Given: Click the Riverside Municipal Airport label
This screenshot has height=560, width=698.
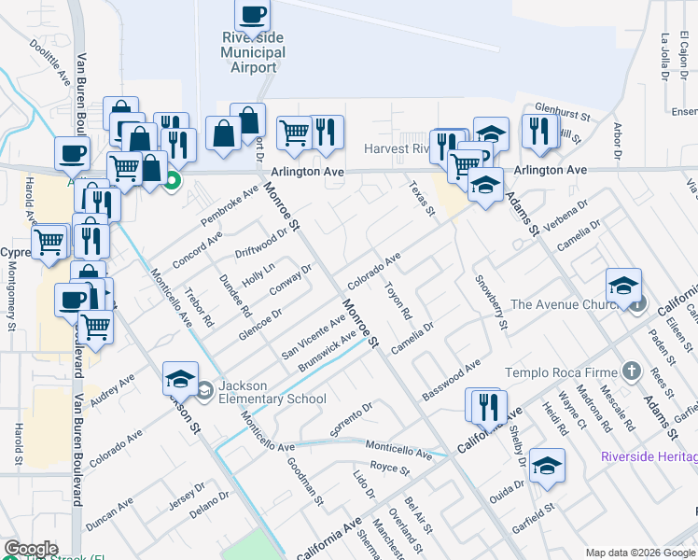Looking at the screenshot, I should pos(253,51).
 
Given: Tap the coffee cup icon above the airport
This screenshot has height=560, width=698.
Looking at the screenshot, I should pos(253,15).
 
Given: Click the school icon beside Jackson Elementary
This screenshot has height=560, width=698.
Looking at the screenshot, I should pos(180,379).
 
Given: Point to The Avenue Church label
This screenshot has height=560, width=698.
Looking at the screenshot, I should pos(561,304).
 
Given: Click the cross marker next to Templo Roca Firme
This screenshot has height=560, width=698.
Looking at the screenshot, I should pos(632,371).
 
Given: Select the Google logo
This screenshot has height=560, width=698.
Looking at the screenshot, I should pos(31,549).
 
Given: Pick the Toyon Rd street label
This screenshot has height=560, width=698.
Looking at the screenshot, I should pos(398,301).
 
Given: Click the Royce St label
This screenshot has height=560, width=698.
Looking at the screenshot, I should pos(384,465).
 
